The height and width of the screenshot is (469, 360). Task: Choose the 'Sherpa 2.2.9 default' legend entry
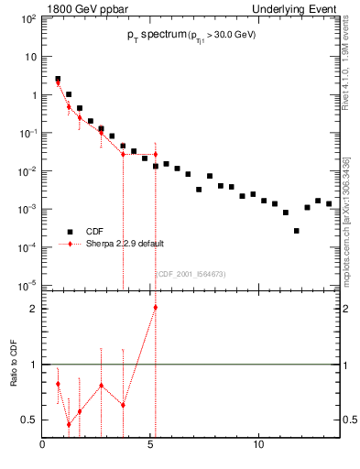(x=120, y=245)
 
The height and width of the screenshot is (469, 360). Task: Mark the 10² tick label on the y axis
(x=29, y=18)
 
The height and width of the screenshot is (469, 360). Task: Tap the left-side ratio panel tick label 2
(x=33, y=308)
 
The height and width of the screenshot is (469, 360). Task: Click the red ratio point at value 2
(x=156, y=307)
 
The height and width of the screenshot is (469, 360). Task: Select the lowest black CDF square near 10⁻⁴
(x=297, y=231)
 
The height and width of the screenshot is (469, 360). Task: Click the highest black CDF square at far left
(x=58, y=80)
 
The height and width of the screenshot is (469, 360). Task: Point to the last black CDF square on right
(x=329, y=203)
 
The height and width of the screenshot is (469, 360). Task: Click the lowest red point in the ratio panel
(x=69, y=424)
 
